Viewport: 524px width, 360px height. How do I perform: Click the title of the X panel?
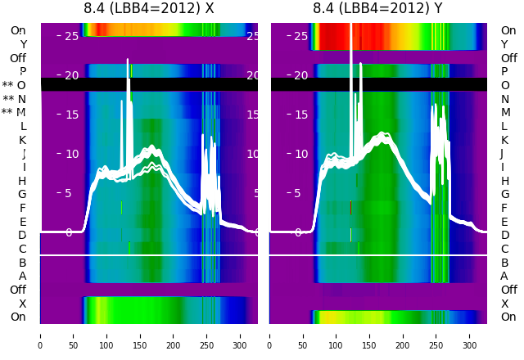click(x=149, y=8)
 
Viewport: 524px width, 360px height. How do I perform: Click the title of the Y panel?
click(x=378, y=8)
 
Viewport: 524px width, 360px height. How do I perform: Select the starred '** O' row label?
click(x=14, y=85)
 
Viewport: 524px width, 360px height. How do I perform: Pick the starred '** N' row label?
click(x=14, y=99)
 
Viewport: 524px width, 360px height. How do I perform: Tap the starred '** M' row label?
click(x=14, y=113)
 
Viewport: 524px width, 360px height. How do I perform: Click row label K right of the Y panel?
click(x=504, y=140)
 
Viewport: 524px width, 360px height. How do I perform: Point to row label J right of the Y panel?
click(x=504, y=154)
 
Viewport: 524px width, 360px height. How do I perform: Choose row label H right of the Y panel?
click(x=504, y=181)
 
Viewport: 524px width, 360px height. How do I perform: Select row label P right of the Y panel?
click(x=504, y=72)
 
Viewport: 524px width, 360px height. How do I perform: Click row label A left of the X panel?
click(x=23, y=277)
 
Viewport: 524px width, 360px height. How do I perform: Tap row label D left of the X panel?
click(x=23, y=236)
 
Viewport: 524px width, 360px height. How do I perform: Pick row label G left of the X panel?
click(x=22, y=195)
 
